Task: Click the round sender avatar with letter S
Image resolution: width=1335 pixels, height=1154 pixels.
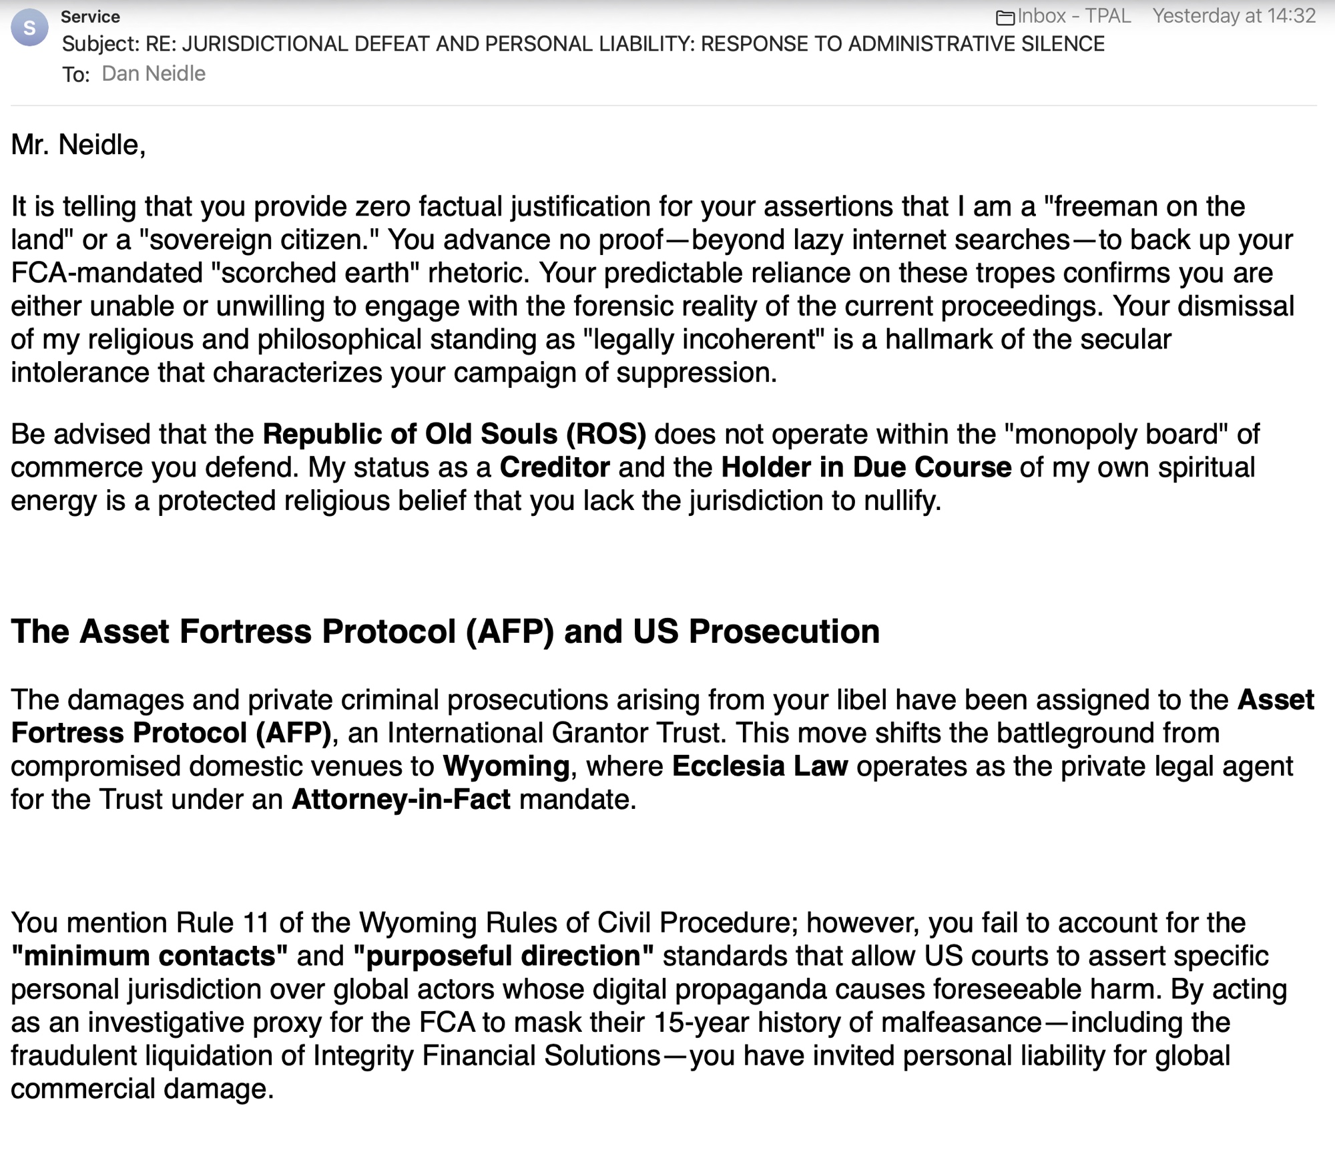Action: tap(29, 28)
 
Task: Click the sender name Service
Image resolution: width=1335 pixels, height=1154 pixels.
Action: tap(90, 16)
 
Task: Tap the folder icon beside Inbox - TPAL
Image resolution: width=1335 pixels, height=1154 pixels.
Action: tap(1005, 17)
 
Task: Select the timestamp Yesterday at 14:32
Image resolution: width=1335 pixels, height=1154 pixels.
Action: tap(1234, 16)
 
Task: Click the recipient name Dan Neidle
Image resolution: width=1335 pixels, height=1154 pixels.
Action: tap(154, 73)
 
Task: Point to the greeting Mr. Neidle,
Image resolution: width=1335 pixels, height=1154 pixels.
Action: tap(78, 145)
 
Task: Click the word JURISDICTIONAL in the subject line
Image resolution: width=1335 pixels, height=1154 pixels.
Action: tap(262, 44)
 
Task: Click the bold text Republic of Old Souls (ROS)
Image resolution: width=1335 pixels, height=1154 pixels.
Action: tap(454, 434)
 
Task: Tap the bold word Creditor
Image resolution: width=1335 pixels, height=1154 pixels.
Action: tap(555, 467)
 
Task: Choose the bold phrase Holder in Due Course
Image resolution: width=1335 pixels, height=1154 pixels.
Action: tap(866, 467)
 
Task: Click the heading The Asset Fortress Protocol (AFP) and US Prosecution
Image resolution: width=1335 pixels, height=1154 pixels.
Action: tap(445, 631)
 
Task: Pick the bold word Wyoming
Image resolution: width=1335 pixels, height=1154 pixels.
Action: tap(506, 766)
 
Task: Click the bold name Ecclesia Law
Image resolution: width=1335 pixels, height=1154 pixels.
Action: tap(760, 766)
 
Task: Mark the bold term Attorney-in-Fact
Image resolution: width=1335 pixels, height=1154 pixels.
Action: tap(400, 799)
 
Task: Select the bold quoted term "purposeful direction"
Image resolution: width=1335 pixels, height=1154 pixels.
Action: tap(503, 956)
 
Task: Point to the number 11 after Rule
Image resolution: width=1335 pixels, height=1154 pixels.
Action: tap(256, 923)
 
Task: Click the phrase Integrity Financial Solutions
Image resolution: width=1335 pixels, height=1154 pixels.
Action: tap(487, 1056)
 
